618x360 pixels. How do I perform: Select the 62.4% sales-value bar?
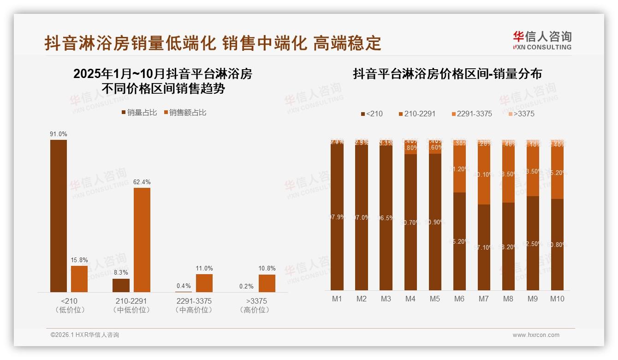[x=142, y=240]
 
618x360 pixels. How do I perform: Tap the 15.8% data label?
[x=79, y=260]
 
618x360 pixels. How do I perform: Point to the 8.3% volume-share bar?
[x=121, y=285]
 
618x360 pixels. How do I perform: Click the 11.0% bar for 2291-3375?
[x=204, y=283]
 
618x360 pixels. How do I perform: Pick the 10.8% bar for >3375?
[x=267, y=283]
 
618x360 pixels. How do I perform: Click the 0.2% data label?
[x=246, y=286]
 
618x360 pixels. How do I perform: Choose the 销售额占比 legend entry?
[x=185, y=113]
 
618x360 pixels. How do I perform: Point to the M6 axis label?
[x=459, y=299]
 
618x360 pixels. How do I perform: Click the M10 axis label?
[x=557, y=299]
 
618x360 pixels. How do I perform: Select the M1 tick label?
[x=337, y=299]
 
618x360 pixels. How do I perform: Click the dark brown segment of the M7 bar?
[x=484, y=247]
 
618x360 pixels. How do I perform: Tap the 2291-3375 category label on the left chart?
[x=194, y=301]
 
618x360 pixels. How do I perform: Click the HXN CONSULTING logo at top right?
[x=542, y=41]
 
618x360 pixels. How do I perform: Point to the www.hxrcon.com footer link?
[x=536, y=335]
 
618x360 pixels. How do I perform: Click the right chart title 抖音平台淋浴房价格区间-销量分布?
[x=447, y=74]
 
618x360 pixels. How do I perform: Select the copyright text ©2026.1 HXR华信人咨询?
[x=85, y=335]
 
